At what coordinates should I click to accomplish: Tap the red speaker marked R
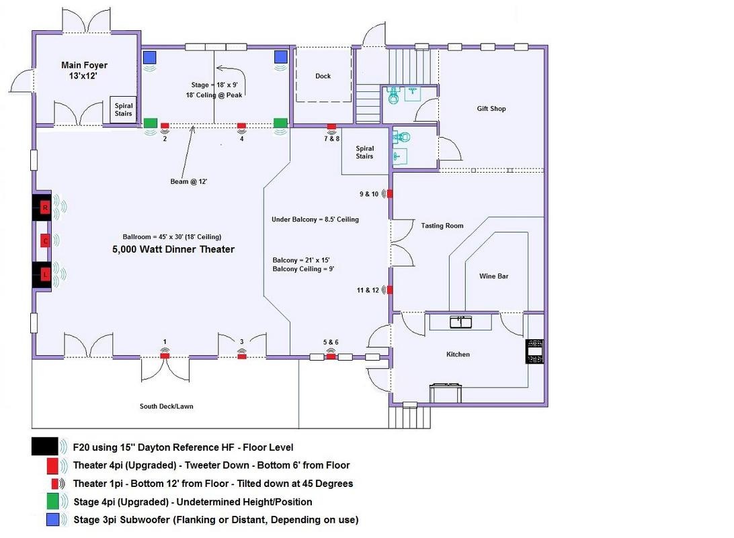pos(45,208)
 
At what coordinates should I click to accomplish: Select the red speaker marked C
pos(45,241)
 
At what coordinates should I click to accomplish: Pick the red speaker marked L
pos(45,274)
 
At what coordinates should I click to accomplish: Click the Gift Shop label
pos(491,109)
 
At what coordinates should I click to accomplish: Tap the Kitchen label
pos(458,354)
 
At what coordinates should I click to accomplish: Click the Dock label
pos(323,76)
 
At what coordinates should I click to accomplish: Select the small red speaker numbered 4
pos(241,126)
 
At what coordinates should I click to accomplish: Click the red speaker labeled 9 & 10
pos(390,194)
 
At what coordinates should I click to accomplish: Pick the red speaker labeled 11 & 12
pos(390,290)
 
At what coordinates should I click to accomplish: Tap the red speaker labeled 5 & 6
pos(331,356)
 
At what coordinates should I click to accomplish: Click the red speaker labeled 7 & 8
pos(331,126)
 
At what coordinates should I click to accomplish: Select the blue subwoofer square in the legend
pos(53,520)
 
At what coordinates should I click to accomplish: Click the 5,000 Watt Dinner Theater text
pos(173,249)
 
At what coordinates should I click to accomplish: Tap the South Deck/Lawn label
pos(166,406)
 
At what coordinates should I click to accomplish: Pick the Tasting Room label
pos(442,226)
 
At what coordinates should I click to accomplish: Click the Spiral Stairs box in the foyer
pos(124,109)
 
